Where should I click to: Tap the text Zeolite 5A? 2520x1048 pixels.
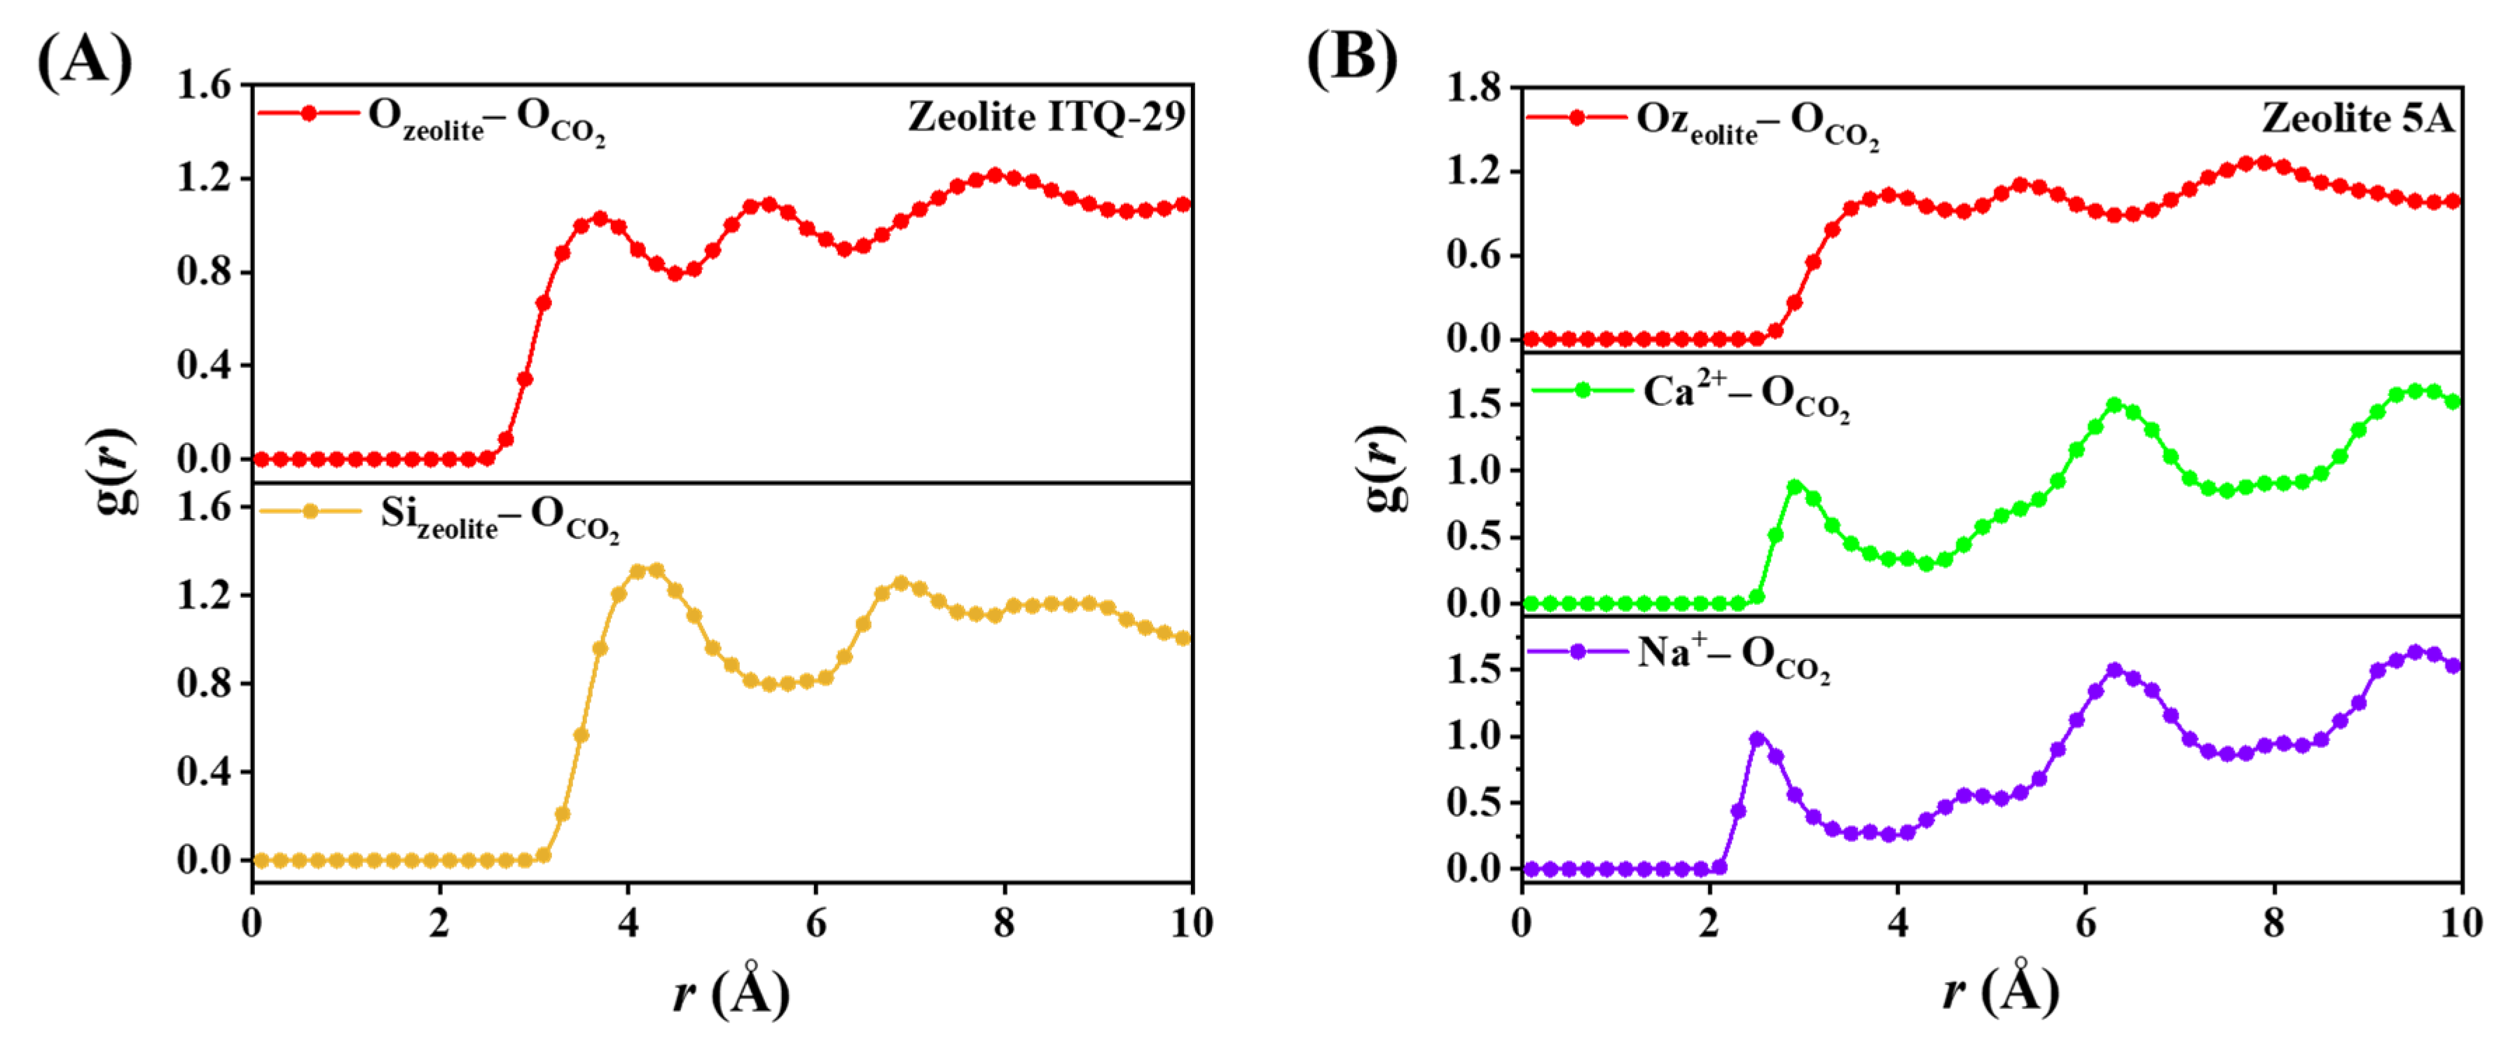(2357, 118)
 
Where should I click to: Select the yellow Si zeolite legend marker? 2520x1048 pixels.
(310, 511)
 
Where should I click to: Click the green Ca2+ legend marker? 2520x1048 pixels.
(1582, 390)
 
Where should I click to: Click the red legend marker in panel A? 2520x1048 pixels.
(309, 114)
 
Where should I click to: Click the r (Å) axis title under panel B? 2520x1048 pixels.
(1999, 991)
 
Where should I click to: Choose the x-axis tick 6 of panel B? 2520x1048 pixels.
(2085, 922)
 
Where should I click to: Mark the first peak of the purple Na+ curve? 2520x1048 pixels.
(1757, 740)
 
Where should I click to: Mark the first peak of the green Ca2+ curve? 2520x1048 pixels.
(1794, 487)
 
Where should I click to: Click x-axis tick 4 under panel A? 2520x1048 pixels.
(628, 922)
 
